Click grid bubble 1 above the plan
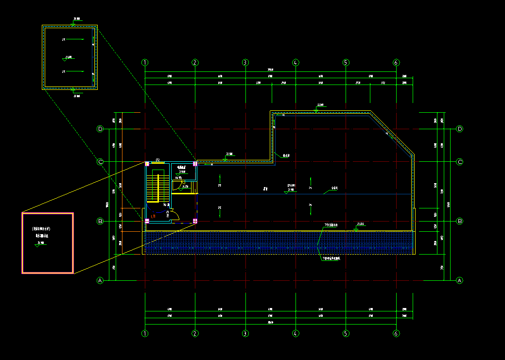(x=144, y=63)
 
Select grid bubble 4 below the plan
(x=296, y=333)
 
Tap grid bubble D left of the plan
(x=101, y=129)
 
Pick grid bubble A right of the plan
(x=460, y=280)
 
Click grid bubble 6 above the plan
(x=396, y=63)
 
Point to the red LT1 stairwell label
(x=153, y=216)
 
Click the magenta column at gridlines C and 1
(x=147, y=163)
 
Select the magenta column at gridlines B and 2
(x=195, y=221)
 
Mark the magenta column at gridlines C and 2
(x=195, y=163)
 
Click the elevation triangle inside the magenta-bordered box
(x=37, y=245)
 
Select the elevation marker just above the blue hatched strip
(x=356, y=228)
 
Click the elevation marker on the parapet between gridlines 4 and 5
(x=316, y=110)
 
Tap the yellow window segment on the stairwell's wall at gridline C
(x=158, y=162)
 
